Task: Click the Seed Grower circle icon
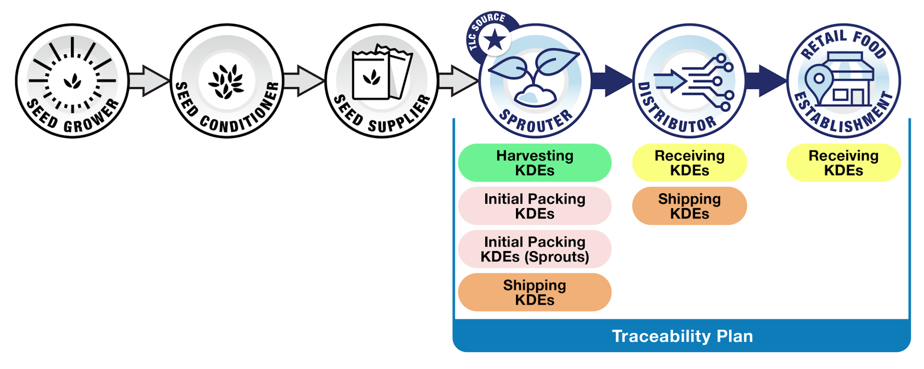(x=72, y=81)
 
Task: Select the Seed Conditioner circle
(x=227, y=81)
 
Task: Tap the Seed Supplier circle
(x=382, y=81)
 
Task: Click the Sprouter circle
(x=535, y=81)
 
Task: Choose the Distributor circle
(x=690, y=81)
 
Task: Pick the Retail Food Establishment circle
(x=844, y=81)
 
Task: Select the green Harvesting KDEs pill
(x=534, y=163)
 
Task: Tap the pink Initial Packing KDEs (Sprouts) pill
(x=534, y=249)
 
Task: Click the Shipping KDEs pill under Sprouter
(x=534, y=292)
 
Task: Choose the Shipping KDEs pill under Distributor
(x=689, y=206)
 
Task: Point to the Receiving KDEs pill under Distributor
(x=689, y=163)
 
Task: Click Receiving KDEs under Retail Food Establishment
(x=843, y=163)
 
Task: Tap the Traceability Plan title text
(x=682, y=336)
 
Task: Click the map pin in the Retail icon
(x=819, y=80)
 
